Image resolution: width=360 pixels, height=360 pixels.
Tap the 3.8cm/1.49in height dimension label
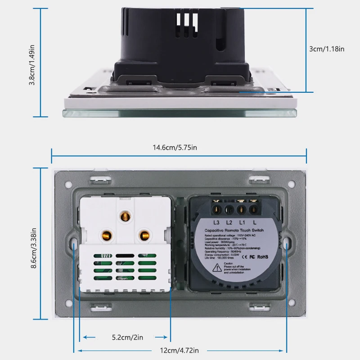click(x=32, y=63)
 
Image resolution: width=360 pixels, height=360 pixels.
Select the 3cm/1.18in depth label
click(x=327, y=49)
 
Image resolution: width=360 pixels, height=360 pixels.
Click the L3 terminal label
click(x=216, y=222)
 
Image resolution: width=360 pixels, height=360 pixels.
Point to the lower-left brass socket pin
click(x=107, y=235)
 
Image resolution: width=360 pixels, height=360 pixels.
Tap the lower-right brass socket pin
click(x=144, y=234)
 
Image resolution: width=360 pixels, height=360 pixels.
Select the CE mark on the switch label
click(x=245, y=257)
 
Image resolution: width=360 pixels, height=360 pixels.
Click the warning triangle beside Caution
click(x=217, y=267)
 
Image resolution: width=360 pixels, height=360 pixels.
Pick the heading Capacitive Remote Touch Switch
click(x=234, y=230)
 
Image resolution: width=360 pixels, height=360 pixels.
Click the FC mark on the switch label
click(x=252, y=257)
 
